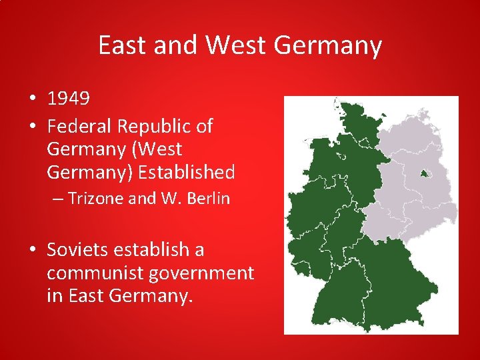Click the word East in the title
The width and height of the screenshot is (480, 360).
(x=123, y=45)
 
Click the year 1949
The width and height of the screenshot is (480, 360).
(x=68, y=99)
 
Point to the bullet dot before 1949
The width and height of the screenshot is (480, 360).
(x=33, y=100)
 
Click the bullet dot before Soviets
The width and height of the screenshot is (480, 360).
(x=33, y=251)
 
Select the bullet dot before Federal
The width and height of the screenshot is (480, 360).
(x=33, y=125)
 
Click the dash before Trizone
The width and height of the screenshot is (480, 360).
(x=59, y=199)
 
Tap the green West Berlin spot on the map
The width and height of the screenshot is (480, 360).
(x=425, y=175)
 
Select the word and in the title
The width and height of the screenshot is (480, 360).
(x=175, y=45)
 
